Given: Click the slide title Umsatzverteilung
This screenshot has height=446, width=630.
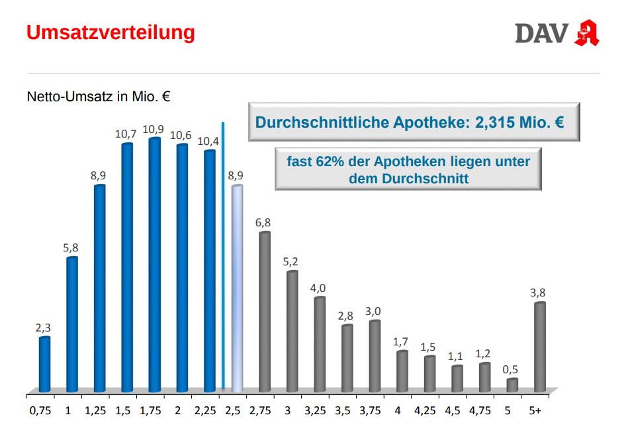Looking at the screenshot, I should click(x=111, y=32).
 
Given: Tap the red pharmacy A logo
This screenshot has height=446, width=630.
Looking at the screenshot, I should click(x=587, y=33).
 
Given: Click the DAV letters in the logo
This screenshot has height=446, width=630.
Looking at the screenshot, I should click(x=541, y=33).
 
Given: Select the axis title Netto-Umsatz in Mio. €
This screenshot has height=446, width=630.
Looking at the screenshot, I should click(x=99, y=97).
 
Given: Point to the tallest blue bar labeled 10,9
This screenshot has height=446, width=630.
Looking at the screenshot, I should click(x=155, y=265).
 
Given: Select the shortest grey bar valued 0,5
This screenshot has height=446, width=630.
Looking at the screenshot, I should click(x=512, y=384).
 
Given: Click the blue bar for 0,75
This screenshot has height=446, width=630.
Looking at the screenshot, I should click(x=45, y=363).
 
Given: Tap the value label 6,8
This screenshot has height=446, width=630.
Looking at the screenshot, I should click(x=263, y=222).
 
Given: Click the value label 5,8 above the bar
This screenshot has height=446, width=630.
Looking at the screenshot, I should click(x=71, y=248).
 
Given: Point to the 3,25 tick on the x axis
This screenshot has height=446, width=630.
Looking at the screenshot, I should click(x=315, y=410).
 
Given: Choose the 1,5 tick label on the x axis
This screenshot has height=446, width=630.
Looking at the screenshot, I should click(x=123, y=410).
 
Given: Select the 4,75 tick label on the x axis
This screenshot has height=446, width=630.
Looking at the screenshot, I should click(x=480, y=410).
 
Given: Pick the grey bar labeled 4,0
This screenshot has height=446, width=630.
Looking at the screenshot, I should click(x=320, y=344).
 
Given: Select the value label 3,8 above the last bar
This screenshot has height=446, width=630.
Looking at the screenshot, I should click(x=539, y=292).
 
